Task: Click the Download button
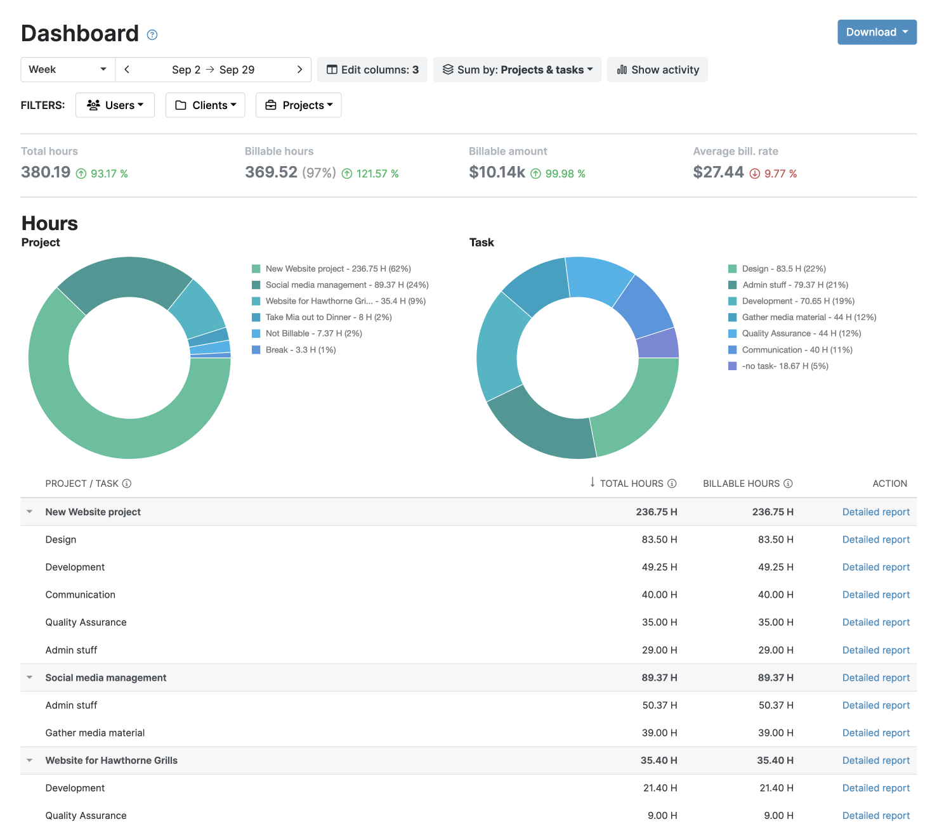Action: pyautogui.click(x=876, y=32)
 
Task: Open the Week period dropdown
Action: pyautogui.click(x=68, y=70)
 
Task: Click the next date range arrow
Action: pyautogui.click(x=299, y=70)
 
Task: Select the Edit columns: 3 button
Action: pyautogui.click(x=372, y=70)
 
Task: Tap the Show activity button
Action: pyautogui.click(x=657, y=70)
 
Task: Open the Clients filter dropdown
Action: pyautogui.click(x=206, y=105)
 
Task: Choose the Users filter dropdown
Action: pyautogui.click(x=115, y=105)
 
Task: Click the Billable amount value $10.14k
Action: pyautogui.click(x=497, y=172)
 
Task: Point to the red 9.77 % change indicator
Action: pyautogui.click(x=773, y=174)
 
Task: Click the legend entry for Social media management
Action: pyautogui.click(x=346, y=285)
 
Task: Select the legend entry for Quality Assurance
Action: pyautogui.click(x=801, y=333)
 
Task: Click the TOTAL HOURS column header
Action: pyautogui.click(x=631, y=484)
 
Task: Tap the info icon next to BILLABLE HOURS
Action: pyautogui.click(x=788, y=484)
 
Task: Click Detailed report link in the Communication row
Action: pyautogui.click(x=875, y=595)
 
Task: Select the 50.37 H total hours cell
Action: pyautogui.click(x=659, y=705)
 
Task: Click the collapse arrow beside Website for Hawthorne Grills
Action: pyautogui.click(x=30, y=761)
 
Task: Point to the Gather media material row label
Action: pyautogui.click(x=95, y=733)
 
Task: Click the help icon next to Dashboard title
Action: pyautogui.click(x=152, y=35)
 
